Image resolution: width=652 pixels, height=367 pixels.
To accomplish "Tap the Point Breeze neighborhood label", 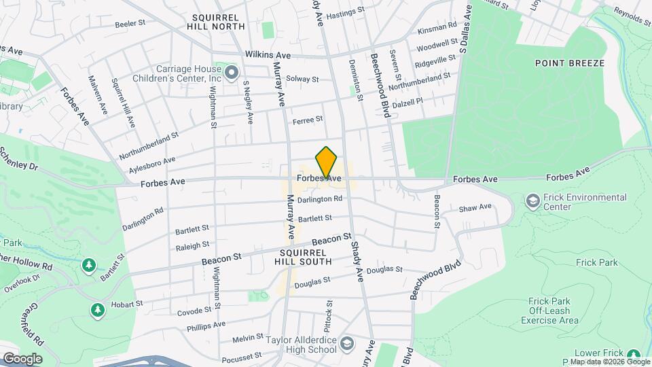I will coord(569,63).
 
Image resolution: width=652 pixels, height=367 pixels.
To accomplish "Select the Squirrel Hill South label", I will coord(304,256).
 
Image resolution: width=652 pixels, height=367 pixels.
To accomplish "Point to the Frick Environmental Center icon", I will coord(533,201).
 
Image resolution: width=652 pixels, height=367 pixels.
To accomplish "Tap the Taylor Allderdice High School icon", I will coord(347,343).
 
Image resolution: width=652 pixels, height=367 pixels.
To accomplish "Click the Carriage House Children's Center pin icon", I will coord(232,71).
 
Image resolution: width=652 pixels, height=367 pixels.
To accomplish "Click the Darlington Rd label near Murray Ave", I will coord(319,199).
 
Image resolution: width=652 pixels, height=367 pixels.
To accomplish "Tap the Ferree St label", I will coord(307,120).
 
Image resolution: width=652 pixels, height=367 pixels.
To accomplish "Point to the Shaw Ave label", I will coord(475,207).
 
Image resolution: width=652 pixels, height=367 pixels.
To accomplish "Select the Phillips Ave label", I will coord(210,324).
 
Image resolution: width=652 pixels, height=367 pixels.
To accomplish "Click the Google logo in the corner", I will coord(22,358).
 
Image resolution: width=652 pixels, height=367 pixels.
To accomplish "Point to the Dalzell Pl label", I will coord(410,101).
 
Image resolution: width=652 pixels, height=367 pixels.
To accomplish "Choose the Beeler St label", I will coord(130,23).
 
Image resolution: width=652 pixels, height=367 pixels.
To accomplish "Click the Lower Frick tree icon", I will coord(634,354).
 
